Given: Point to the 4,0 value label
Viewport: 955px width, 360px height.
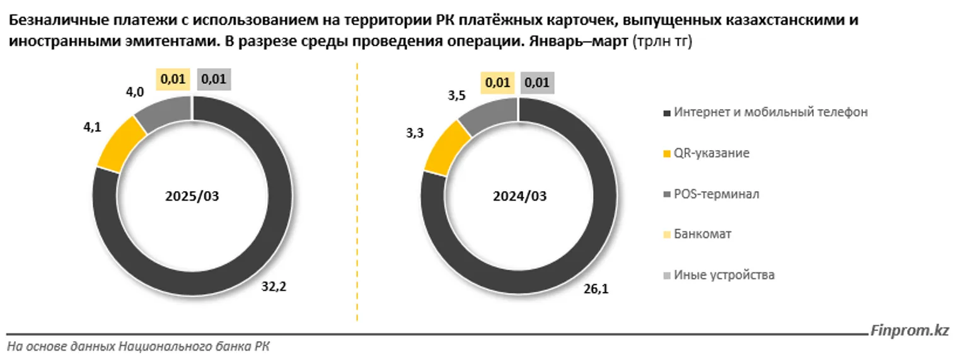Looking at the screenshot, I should pos(135,92).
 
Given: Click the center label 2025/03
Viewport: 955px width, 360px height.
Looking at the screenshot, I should pos(192,195).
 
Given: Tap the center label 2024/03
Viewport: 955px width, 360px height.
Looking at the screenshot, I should pos(519,195).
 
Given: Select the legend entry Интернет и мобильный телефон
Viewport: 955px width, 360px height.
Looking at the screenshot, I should pos(770,112).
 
